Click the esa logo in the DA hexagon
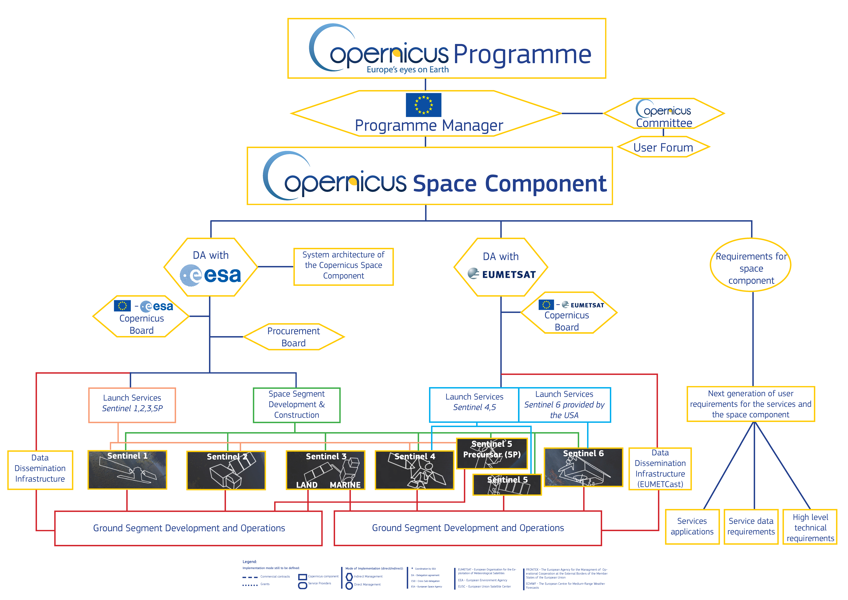coord(210,275)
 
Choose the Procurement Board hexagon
coord(294,337)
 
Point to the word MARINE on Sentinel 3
coord(345,485)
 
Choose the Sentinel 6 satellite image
coord(584,467)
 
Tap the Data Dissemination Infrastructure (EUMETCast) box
coord(660,468)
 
